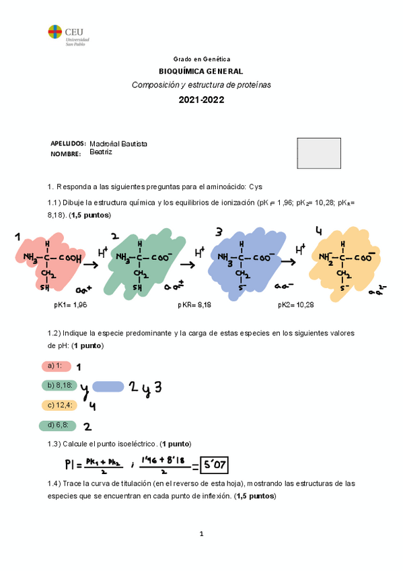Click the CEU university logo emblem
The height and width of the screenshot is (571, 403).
pos(54,31)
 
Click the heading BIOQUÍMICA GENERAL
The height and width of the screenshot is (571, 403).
pos(201,71)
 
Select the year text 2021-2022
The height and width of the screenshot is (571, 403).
pos(201,100)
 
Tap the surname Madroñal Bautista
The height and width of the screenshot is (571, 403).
pos(118,144)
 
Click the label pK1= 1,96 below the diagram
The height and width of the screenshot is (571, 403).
pos(71,305)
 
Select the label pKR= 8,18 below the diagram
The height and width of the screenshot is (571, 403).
pos(195,305)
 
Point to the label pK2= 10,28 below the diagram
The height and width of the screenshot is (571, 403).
pos(296,305)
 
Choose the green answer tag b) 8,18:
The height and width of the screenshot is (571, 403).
pos(59,386)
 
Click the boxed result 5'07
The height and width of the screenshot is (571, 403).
pos(217,465)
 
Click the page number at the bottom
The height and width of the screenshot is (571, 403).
pos(201,534)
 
